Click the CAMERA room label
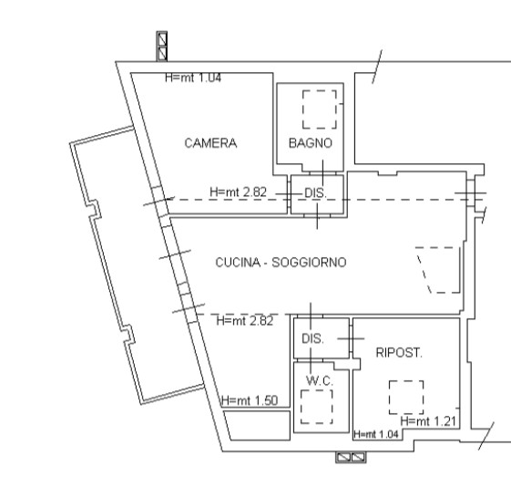tap(210, 143)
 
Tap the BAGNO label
tap(311, 143)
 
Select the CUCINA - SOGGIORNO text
tap(281, 263)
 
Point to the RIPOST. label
tap(399, 353)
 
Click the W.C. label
tap(320, 380)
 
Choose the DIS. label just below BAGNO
tap(315, 193)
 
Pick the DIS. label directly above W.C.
tap(312, 338)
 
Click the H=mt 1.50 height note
tap(250, 400)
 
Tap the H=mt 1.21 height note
tap(428, 421)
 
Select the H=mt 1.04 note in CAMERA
tap(193, 78)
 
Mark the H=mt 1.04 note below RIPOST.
tap(376, 434)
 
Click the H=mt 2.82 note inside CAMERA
tap(239, 192)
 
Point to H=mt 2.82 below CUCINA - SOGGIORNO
tap(245, 321)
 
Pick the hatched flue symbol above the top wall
tap(162, 47)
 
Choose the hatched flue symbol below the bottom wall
tap(351, 457)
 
